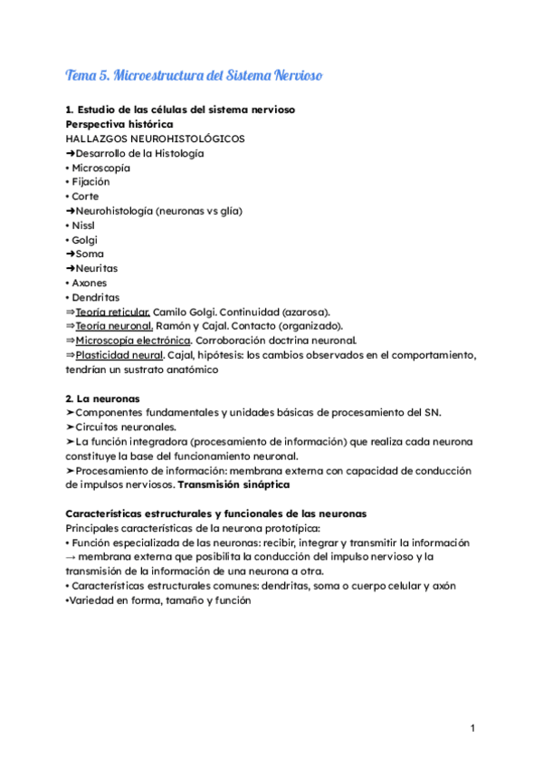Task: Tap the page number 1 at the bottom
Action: click(472, 729)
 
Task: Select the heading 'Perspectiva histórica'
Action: click(120, 124)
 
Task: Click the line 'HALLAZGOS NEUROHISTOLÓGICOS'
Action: click(155, 139)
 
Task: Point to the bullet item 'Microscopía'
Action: click(100, 168)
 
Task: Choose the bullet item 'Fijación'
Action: click(90, 182)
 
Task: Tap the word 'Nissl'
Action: click(85, 226)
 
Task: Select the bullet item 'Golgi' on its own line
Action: click(86, 240)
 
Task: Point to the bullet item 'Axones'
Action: click(90, 283)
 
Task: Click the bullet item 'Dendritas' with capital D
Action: click(97, 298)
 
